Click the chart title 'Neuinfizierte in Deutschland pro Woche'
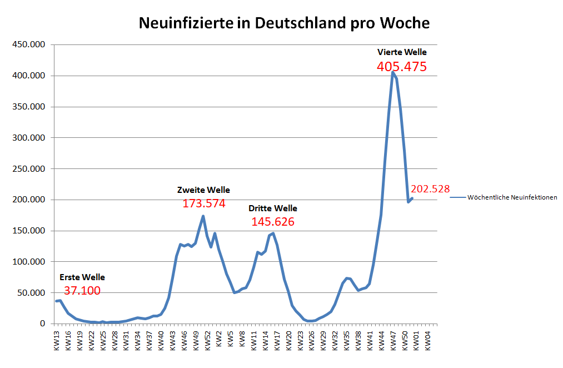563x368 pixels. [x=283, y=23]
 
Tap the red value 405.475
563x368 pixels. [x=402, y=67]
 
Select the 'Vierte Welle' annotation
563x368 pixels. [x=402, y=52]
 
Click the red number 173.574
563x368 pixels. [x=204, y=203]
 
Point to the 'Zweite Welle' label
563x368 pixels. [x=203, y=190]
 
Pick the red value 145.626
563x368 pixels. [x=273, y=222]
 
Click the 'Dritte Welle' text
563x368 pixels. [x=273, y=208]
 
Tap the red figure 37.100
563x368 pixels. [x=82, y=291]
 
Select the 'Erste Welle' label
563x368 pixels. [x=82, y=277]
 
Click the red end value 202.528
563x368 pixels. [x=430, y=189]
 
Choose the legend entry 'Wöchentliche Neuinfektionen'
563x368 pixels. [x=512, y=197]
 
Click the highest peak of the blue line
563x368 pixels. [x=393, y=72]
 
